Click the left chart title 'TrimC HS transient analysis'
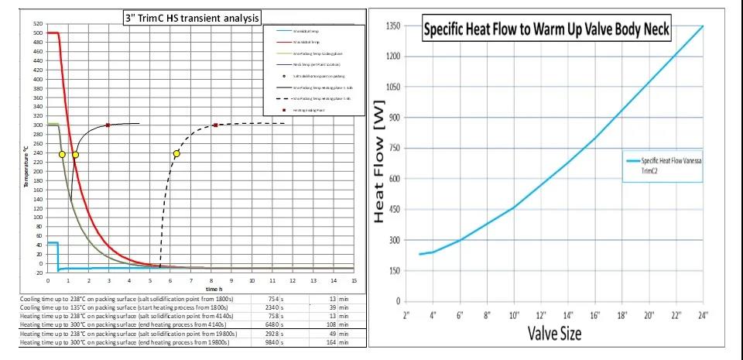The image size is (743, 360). (x=191, y=17)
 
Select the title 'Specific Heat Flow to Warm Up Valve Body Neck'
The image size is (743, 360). (x=546, y=31)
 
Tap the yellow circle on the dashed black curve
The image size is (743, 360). (x=176, y=153)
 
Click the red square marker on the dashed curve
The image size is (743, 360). (x=216, y=125)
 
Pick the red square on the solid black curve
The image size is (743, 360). (x=108, y=125)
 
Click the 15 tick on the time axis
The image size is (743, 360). (x=354, y=279)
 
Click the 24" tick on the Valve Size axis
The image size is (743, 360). (x=702, y=315)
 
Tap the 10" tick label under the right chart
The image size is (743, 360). (x=513, y=315)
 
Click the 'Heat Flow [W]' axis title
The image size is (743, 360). (x=379, y=166)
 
